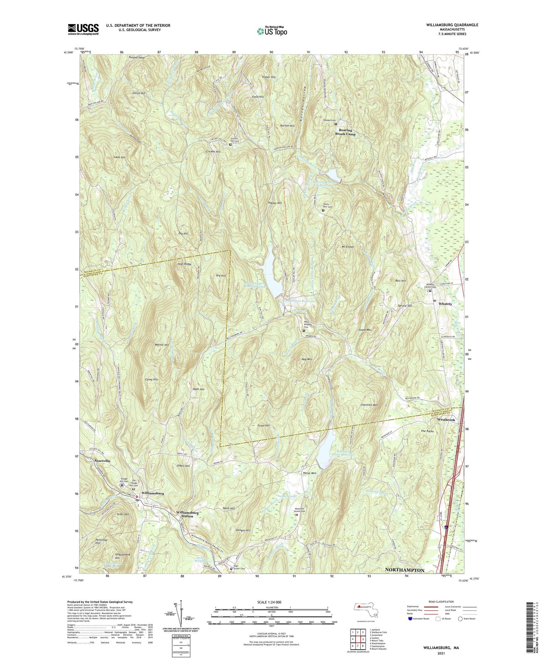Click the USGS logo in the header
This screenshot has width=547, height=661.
(83, 29)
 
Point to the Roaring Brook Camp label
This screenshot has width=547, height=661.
(346, 132)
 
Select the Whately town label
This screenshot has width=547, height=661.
(445, 304)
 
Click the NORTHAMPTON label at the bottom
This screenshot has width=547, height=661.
(404, 570)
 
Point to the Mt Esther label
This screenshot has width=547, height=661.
(348, 247)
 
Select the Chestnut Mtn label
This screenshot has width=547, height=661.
(369, 405)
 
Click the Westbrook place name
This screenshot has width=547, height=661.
(446, 420)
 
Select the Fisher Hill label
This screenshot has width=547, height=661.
(269, 77)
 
